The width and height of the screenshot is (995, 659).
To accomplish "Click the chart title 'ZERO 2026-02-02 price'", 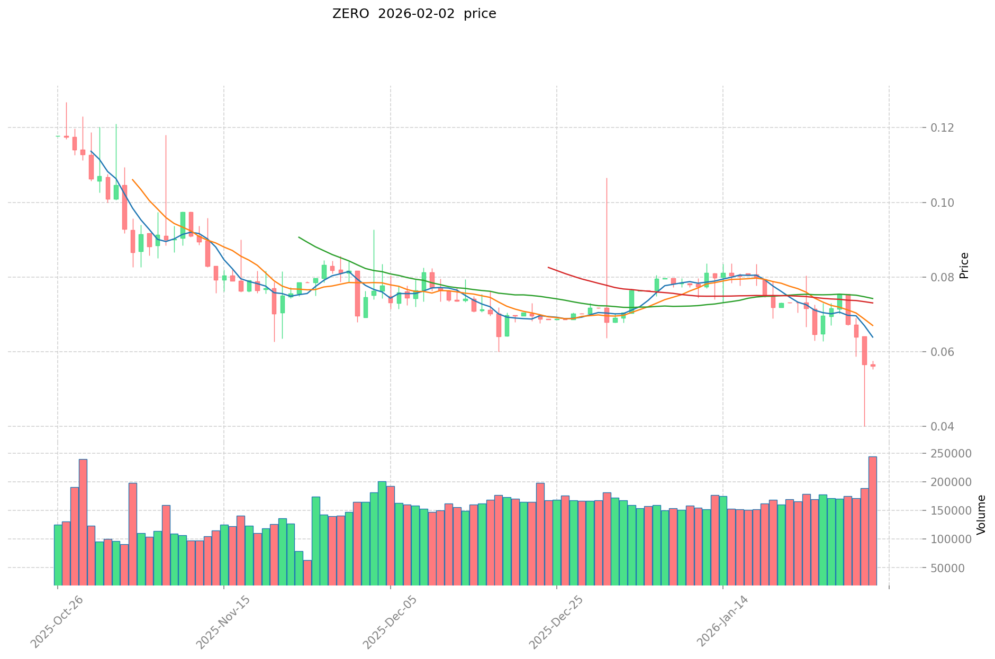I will (414, 14).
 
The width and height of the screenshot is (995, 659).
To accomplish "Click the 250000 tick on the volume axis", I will (954, 454).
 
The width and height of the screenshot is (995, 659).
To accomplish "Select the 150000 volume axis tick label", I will (954, 511).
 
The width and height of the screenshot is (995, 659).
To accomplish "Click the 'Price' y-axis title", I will (964, 266).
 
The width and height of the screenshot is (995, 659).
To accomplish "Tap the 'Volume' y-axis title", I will (981, 515).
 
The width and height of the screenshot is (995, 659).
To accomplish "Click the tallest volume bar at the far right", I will (872, 521).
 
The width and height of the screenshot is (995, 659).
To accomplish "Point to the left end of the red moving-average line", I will (548, 268).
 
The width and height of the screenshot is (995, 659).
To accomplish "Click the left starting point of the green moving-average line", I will (299, 237).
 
